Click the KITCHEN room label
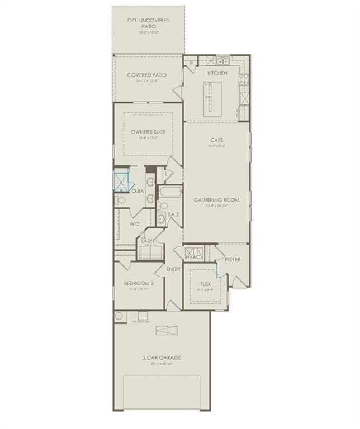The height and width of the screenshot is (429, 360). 217,73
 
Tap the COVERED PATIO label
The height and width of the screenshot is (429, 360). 147,75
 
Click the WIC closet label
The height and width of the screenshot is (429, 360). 135,223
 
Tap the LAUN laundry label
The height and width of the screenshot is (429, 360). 148,241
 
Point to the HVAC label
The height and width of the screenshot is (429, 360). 193,258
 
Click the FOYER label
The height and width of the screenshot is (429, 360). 233,259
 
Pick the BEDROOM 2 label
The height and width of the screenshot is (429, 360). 139,283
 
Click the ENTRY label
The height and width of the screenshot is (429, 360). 173,269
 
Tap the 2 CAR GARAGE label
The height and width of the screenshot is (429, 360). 162,357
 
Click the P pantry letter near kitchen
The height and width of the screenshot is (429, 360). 191,63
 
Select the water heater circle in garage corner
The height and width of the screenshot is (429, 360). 120,317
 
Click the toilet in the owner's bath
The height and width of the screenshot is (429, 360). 120,200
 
